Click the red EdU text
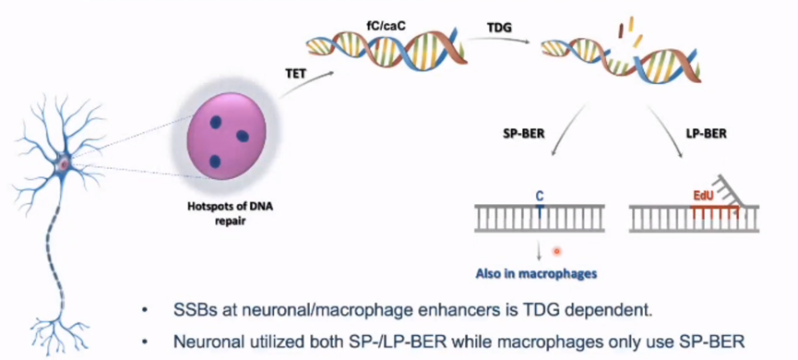pos(702,195)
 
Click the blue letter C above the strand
pos(540,194)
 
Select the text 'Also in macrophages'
pos(535,273)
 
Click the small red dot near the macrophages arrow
pos(557,250)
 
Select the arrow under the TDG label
pos(505,40)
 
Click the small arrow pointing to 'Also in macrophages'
pos(539,252)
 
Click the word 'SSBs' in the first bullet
pos(191,310)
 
